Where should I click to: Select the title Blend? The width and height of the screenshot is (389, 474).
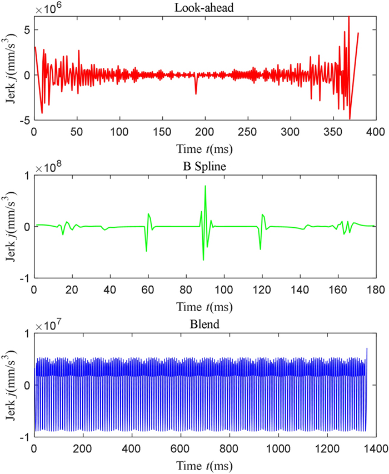pos(205,323)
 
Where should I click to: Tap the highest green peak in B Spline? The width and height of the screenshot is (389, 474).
pos(206,186)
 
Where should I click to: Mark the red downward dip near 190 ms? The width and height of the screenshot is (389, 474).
pos(196,93)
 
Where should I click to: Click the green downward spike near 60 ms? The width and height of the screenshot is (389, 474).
pos(147,251)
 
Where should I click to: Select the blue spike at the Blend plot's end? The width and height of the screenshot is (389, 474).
pos(367,349)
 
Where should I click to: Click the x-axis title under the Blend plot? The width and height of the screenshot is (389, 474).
pos(205,465)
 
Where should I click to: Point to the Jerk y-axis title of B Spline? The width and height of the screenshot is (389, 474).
pos(11,227)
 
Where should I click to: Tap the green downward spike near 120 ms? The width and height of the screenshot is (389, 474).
pos(260,248)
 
